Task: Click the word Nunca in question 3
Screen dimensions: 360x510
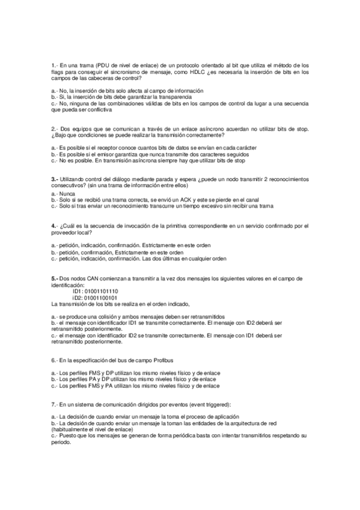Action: tap(67, 194)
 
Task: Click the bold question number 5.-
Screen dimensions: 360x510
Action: tap(55, 278)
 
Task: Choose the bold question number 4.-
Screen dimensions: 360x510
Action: tap(55, 226)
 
